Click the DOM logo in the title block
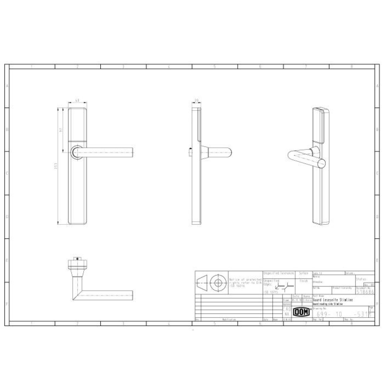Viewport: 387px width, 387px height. (302, 313)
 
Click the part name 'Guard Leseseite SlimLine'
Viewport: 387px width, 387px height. (333, 300)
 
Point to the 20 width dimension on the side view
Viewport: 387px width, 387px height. (197, 100)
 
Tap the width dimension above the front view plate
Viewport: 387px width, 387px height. (77, 100)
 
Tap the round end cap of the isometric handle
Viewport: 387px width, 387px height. (322, 163)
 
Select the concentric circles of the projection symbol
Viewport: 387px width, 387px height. (218, 283)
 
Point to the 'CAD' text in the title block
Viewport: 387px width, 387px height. (287, 309)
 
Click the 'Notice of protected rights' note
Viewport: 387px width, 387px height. (245, 282)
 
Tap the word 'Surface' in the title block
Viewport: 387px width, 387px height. (304, 273)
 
